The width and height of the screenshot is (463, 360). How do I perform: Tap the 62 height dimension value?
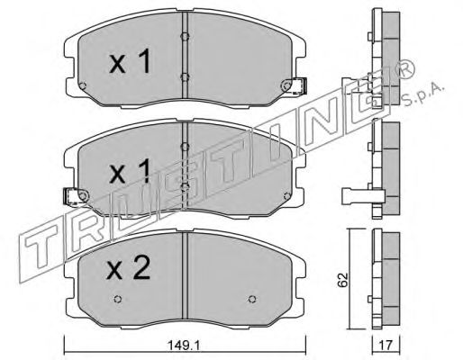(x=342, y=280)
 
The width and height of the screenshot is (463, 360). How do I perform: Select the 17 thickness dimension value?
(x=386, y=346)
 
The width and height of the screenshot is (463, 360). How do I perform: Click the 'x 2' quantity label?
(x=129, y=268)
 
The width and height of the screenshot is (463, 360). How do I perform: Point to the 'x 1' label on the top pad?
(x=130, y=61)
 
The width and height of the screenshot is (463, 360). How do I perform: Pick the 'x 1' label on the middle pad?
(x=130, y=171)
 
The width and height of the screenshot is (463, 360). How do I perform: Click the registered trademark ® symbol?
(x=406, y=69)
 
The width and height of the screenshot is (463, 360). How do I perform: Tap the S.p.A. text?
(x=423, y=94)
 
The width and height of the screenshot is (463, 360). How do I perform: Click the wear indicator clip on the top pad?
(x=297, y=85)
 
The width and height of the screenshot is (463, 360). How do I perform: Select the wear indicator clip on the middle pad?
(x=71, y=196)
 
